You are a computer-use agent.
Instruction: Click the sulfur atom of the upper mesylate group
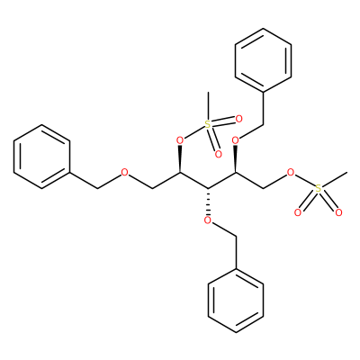point(208,124)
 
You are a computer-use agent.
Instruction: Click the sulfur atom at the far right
point(319,189)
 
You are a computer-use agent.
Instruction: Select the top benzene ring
point(263,60)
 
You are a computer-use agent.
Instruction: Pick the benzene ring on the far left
point(41,157)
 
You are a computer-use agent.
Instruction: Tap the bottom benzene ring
point(236,301)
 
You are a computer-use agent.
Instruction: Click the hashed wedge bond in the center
point(208,201)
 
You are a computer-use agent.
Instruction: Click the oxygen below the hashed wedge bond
point(208,220)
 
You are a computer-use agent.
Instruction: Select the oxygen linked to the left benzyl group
point(124,173)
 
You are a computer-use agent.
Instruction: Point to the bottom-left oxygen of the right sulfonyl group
point(298,212)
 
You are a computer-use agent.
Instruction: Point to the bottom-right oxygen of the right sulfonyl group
point(339,212)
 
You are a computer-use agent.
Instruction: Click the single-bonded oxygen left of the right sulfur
point(291,173)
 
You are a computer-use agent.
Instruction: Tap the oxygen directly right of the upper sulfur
point(238,119)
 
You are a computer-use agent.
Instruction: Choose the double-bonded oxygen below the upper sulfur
point(219,155)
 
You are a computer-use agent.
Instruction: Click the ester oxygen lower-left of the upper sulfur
point(180,140)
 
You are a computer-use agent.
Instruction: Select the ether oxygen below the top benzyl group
point(236,140)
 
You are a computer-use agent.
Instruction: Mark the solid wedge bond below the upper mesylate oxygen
point(180,159)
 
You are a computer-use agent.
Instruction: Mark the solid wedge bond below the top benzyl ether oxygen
point(236,159)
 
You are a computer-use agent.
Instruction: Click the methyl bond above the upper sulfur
point(208,106)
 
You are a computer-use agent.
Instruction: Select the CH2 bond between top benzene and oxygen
point(263,108)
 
